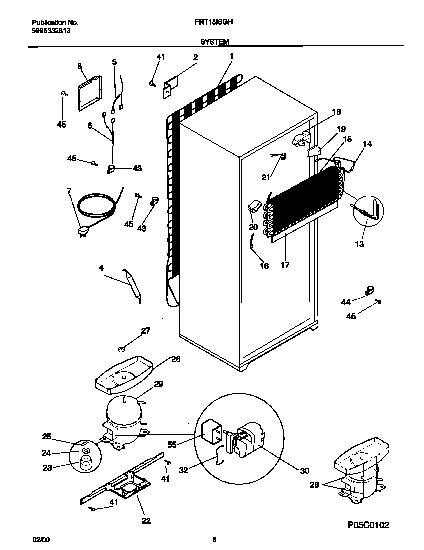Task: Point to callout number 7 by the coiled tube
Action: tap(69, 190)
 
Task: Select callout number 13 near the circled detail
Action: tap(360, 243)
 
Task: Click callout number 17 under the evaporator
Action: tap(287, 265)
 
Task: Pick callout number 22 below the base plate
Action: tap(146, 520)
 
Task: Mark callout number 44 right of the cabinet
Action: tap(346, 300)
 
